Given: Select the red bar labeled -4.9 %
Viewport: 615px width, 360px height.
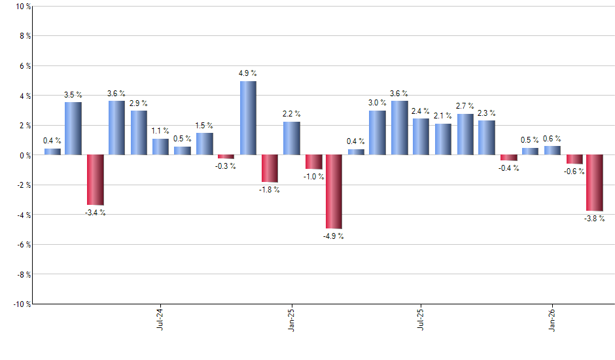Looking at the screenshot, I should (334, 191).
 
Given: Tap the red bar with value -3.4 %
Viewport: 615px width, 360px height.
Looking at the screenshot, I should (96, 180).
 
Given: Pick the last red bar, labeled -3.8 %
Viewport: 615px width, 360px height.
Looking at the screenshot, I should (594, 183).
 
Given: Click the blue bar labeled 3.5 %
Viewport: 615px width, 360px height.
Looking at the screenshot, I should (73, 128).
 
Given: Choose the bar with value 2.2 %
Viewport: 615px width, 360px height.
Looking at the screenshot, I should (291, 138).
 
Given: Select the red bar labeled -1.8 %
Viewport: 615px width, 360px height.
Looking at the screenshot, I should (270, 168).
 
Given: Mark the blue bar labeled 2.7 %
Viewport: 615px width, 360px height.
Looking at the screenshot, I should (465, 134).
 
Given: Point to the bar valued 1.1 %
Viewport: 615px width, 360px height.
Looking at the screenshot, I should (160, 147).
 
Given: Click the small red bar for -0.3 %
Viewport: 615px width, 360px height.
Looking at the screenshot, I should (226, 157).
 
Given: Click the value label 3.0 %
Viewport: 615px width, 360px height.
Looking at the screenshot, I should (378, 103).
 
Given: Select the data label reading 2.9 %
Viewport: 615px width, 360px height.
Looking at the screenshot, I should (139, 103).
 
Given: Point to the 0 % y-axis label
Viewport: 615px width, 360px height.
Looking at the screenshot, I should (24, 156).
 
